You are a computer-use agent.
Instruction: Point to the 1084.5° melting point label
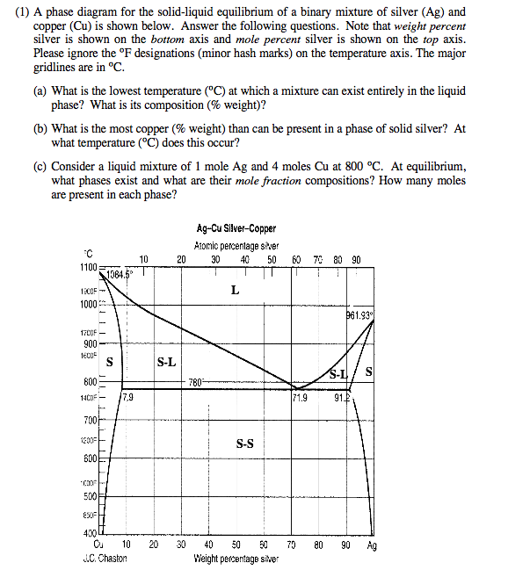124,273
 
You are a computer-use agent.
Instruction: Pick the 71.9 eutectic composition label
301,399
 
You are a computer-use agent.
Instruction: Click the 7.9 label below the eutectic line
127,399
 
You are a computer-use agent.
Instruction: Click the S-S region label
245,444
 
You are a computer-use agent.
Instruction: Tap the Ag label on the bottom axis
372,545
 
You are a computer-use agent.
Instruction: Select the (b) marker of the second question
40,127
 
